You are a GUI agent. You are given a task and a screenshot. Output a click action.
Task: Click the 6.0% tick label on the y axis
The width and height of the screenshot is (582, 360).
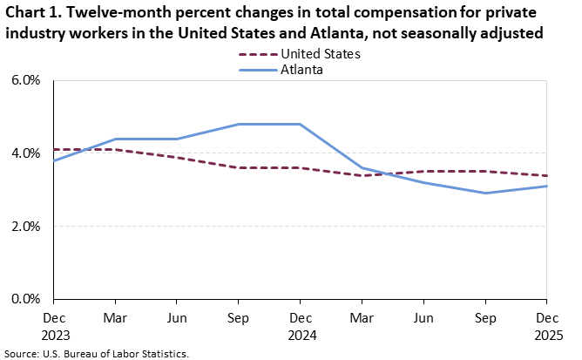pos(27,80)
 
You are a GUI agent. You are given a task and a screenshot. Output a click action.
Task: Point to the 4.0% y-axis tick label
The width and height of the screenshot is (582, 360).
pos(27,153)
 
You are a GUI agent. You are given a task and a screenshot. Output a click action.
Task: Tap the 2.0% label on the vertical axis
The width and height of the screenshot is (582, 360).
pos(27,227)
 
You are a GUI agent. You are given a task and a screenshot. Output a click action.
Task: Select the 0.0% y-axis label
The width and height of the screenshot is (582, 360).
pos(27,299)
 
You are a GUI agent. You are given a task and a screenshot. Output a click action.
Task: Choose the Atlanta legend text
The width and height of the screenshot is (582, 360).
pos(301,70)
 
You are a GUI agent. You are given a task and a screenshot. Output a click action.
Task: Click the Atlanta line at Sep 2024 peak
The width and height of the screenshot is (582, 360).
pos(239,124)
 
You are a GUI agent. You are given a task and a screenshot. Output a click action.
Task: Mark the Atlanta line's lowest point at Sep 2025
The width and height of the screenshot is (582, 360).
pos(485,193)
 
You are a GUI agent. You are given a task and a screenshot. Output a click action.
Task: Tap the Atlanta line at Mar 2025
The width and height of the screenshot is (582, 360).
pos(362,167)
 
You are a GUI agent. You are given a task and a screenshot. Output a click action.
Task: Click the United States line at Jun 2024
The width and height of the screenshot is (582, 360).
pos(177,157)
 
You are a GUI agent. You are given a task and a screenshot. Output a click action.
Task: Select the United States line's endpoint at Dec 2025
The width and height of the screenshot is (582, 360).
pos(546,175)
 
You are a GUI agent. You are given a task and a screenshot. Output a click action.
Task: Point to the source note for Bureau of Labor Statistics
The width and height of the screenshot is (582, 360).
pos(97,353)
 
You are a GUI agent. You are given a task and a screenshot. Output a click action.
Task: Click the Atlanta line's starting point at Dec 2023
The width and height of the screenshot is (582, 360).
pos(54,160)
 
